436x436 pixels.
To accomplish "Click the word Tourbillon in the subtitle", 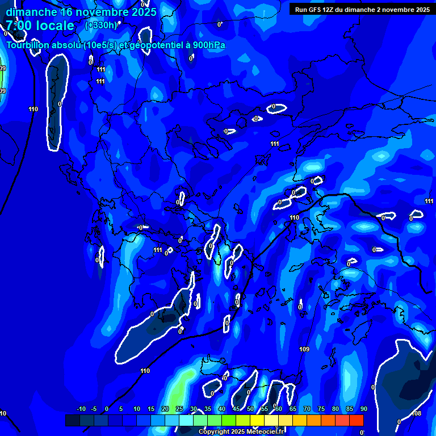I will click(x=26, y=45).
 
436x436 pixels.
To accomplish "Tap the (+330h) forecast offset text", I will click(x=101, y=25).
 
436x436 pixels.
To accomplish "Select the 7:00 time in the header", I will click(x=19, y=26).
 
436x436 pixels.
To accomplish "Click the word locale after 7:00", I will click(x=56, y=26).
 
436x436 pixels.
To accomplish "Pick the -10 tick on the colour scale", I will click(x=81, y=409).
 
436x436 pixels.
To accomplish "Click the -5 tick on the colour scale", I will click(x=94, y=409).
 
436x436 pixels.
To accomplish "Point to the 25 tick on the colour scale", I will click(x=179, y=409).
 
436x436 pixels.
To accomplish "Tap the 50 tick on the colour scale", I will click(x=250, y=409).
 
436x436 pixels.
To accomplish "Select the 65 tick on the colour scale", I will click(x=293, y=409).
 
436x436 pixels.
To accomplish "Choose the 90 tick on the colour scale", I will click(x=363, y=409).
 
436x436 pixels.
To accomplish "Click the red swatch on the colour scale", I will click(x=356, y=420).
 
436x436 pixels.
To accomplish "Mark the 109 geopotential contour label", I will click(x=304, y=349).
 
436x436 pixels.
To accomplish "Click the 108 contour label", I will click(x=417, y=413).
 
